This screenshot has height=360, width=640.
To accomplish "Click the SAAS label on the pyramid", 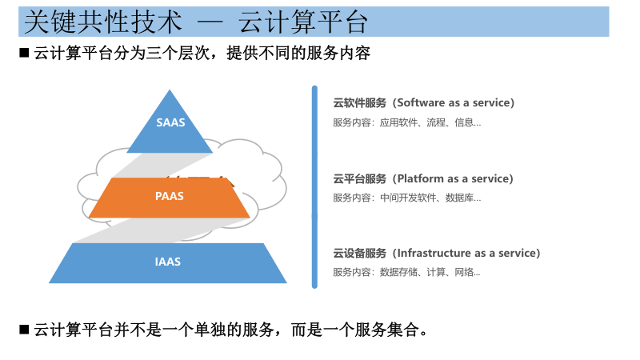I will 170,122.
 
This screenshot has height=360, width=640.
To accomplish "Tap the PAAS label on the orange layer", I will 169,196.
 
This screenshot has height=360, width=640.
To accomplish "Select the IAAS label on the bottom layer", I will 168,262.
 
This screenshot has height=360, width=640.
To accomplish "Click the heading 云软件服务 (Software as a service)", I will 423,103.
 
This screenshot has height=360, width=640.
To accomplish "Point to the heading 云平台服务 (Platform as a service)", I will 423,178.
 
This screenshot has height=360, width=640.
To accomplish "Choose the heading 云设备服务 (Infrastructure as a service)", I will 436,254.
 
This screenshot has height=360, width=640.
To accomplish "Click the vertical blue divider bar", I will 314,186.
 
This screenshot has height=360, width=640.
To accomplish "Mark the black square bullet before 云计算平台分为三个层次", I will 24,54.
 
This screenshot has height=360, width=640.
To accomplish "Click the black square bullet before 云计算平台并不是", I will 24,330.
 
